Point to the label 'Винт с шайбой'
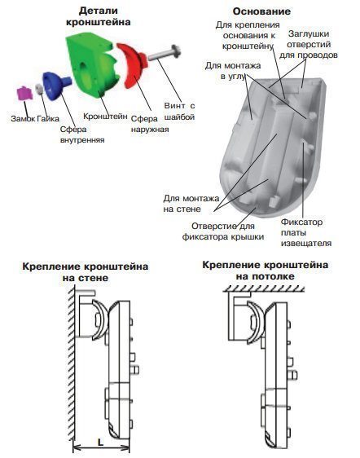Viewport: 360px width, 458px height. coord(180,111)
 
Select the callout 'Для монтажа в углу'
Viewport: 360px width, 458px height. coord(228,69)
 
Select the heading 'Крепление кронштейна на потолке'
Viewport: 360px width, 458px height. coord(266,271)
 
